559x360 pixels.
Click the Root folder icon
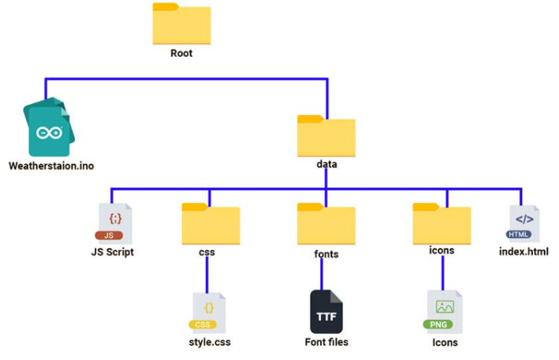tap(181, 24)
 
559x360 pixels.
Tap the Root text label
tap(181, 54)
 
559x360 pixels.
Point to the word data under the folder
tap(326, 165)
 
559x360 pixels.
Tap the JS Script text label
tap(112, 253)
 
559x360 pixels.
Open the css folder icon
tap(211, 224)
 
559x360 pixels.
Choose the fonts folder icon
tap(326, 224)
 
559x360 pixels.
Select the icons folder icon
tap(442, 224)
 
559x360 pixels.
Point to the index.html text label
tap(524, 252)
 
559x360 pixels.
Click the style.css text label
tap(210, 342)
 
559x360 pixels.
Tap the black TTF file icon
tap(326, 311)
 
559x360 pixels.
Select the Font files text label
tap(326, 342)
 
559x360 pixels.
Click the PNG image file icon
tap(444, 311)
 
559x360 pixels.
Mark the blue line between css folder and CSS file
tap(207, 273)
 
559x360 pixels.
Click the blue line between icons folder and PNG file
tap(443, 273)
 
